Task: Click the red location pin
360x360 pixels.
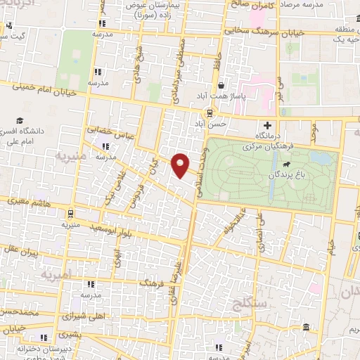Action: coord(181,165)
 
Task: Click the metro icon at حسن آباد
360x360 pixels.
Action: coord(210,113)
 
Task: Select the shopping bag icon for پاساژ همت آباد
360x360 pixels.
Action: coord(221,85)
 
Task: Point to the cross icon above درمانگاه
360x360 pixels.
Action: coord(268,124)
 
